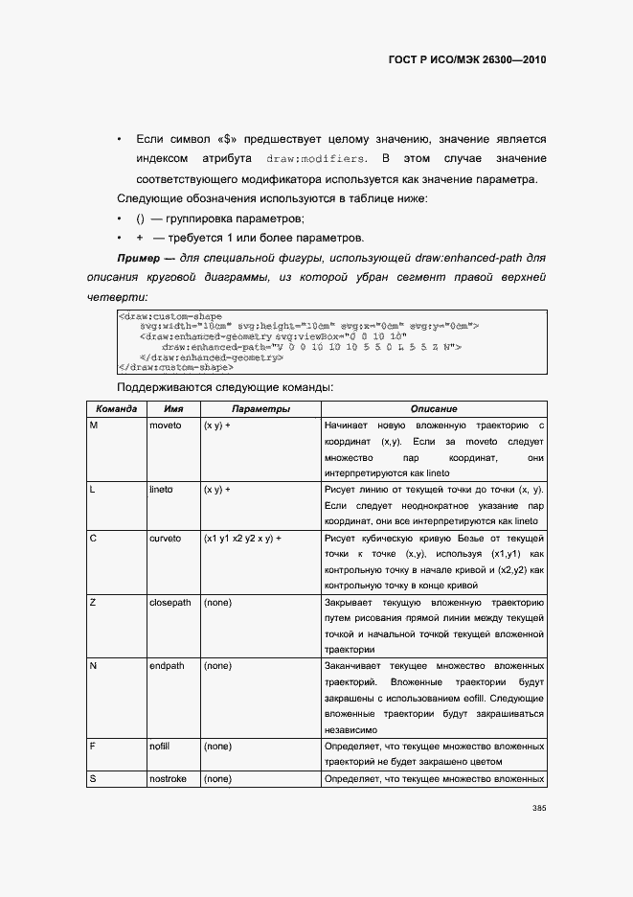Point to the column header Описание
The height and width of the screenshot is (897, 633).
434,409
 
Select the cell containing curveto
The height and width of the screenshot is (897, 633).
165,539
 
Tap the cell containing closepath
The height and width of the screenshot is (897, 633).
170,603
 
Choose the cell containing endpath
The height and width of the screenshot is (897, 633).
168,665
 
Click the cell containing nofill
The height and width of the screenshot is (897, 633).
161,746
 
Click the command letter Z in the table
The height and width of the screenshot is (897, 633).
93,603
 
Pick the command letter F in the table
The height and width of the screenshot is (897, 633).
93,746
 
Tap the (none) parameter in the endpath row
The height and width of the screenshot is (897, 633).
217,665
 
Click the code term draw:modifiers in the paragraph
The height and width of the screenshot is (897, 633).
315,158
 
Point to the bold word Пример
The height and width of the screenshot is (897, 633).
139,259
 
